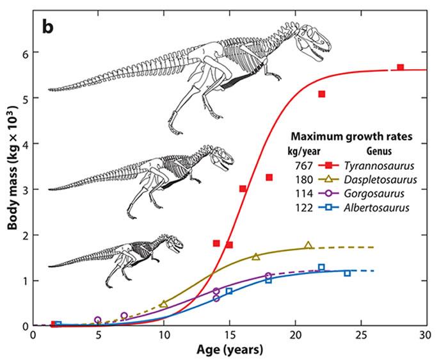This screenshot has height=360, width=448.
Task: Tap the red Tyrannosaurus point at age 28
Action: coord(401,67)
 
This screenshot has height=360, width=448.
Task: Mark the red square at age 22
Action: coord(322,94)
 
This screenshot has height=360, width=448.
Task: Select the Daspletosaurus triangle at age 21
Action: coord(308,245)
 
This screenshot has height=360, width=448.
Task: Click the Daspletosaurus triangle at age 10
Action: coord(164,304)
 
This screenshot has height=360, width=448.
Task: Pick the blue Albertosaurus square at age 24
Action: coord(348,273)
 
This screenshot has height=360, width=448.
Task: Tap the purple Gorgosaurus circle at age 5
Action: coord(98,320)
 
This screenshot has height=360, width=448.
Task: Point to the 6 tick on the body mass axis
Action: coord(26,53)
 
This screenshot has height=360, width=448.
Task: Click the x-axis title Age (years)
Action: coord(228,350)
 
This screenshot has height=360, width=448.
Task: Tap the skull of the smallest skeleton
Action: coord(171,244)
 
